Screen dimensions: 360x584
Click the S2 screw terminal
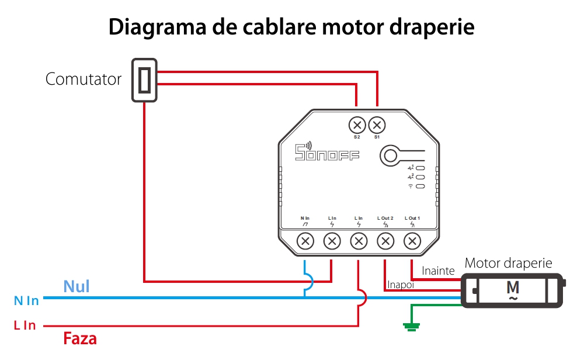357,125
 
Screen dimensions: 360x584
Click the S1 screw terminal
377,125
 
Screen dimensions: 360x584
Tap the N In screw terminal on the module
305,240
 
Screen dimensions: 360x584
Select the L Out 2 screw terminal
385,240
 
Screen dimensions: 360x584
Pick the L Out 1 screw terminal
412,240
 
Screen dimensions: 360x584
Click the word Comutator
84,79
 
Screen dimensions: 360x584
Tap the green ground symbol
412,327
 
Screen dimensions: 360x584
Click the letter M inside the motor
513,288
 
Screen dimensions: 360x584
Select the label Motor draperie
508,263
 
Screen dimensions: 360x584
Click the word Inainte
438,271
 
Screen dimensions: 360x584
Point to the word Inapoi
401,285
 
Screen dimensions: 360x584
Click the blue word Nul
77,286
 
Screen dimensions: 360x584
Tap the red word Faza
79,338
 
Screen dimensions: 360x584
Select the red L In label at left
25,326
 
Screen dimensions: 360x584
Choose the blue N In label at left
26,300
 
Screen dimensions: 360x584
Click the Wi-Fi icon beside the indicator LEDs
411,186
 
